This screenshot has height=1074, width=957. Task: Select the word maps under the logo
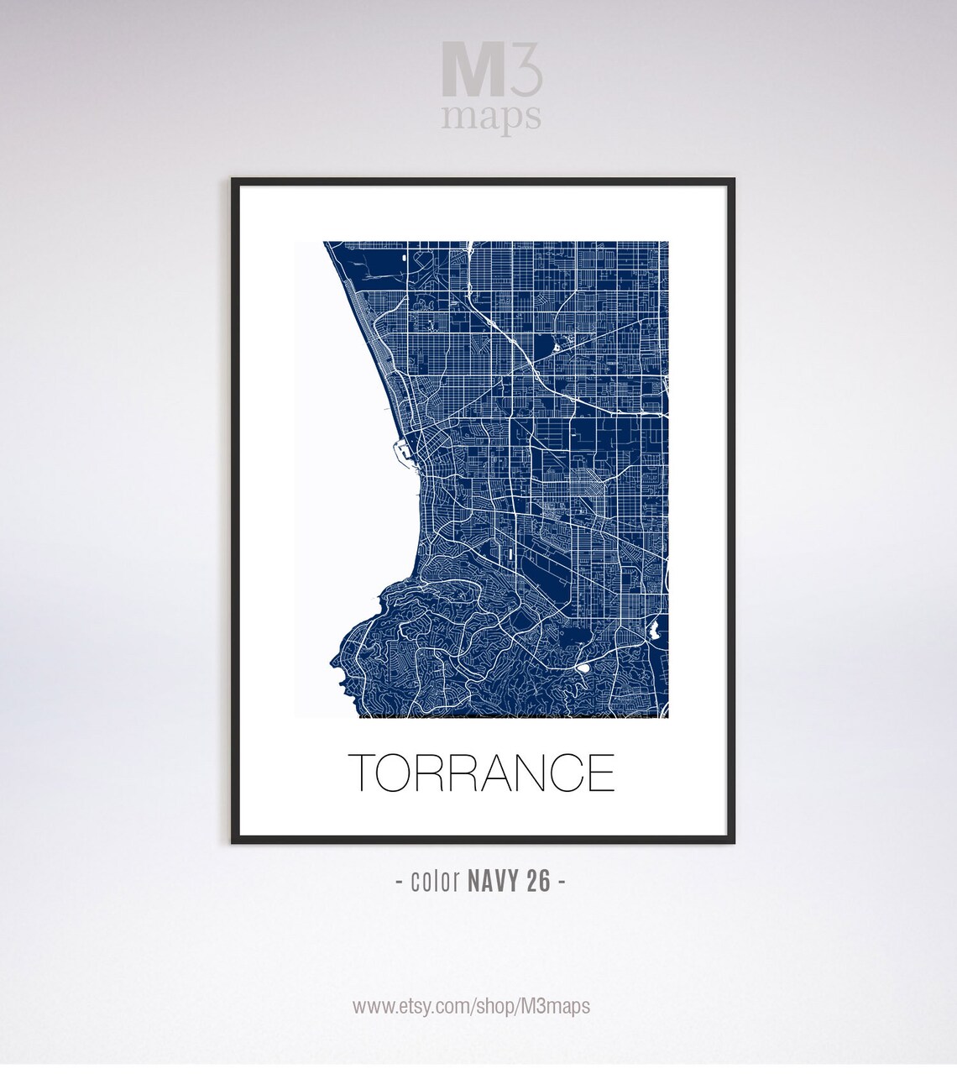491,116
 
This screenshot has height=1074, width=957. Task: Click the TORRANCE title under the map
481,773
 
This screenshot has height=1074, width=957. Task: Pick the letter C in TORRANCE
564,773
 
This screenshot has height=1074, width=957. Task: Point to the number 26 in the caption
538,882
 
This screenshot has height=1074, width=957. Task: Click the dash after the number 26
561,882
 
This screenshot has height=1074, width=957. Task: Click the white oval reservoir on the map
583,668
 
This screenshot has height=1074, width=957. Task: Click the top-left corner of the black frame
233,180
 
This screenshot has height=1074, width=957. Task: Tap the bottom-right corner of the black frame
733,841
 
